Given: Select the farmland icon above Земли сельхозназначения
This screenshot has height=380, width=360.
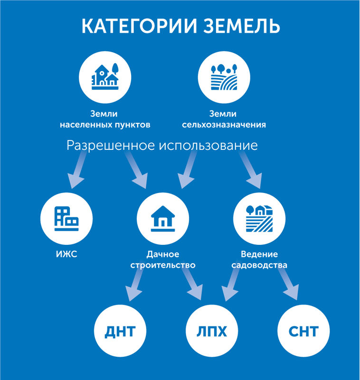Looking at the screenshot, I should click(224, 76).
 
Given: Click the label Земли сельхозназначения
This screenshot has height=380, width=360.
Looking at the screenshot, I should click(224, 120).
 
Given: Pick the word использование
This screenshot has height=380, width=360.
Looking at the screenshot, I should click(208, 146).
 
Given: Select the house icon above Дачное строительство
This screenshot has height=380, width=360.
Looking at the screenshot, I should click(162, 218).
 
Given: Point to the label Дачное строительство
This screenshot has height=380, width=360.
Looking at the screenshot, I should click(162, 260).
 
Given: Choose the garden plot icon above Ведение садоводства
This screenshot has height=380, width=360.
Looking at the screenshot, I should click(259, 218).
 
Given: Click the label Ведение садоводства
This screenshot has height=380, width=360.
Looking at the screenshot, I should click(259, 260).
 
